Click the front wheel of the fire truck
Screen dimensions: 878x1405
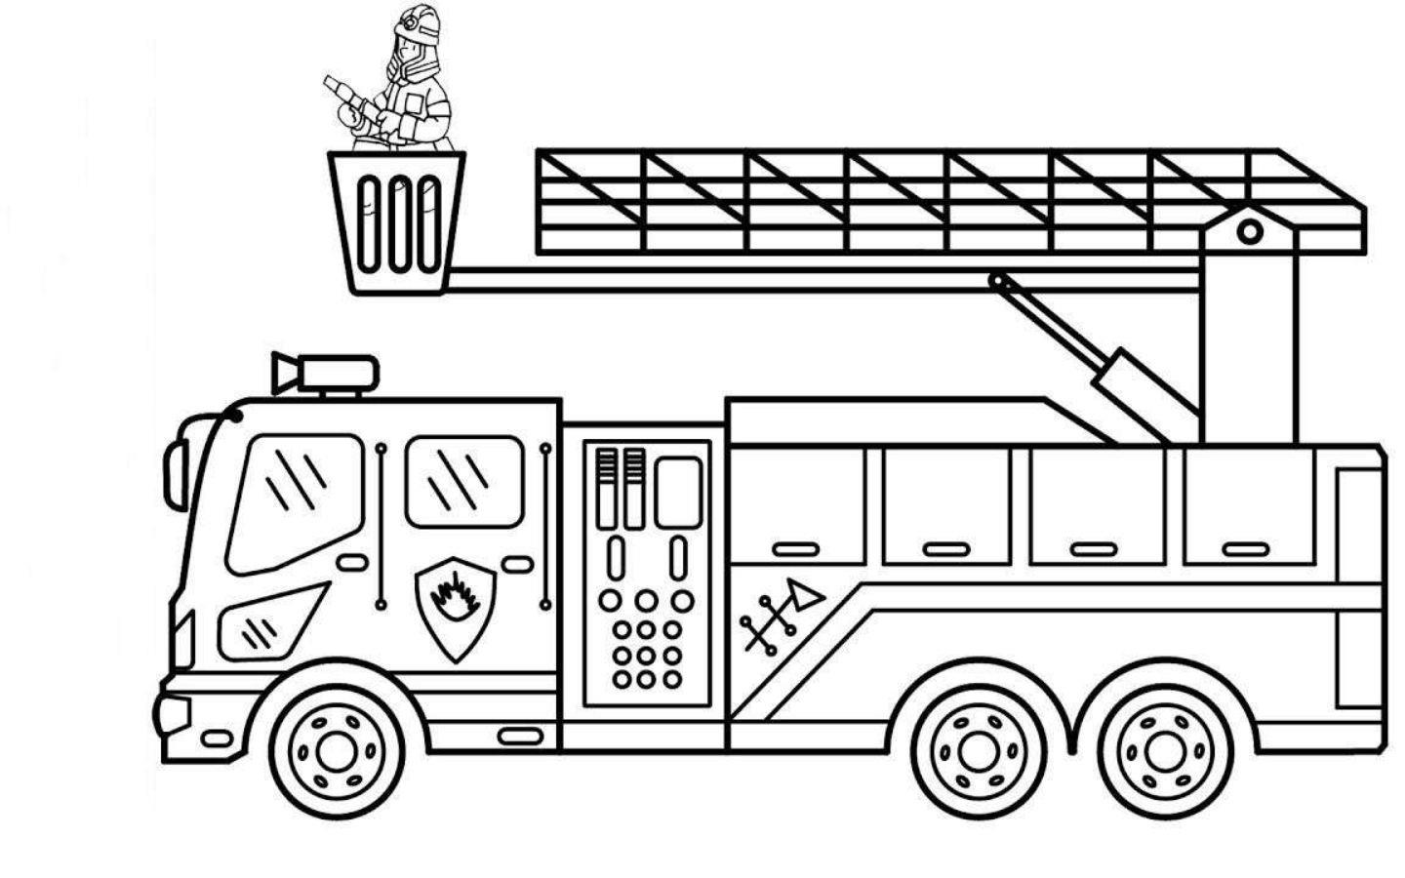(x=337, y=749)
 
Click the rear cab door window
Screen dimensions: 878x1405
(x=464, y=482)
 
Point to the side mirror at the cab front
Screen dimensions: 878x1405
(x=176, y=474)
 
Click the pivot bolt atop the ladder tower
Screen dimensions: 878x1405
(x=1249, y=232)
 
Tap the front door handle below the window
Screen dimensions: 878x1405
(x=351, y=563)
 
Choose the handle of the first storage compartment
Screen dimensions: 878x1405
(x=796, y=549)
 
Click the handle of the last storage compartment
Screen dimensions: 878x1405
(x=1245, y=549)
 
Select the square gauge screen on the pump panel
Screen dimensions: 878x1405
(x=677, y=493)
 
